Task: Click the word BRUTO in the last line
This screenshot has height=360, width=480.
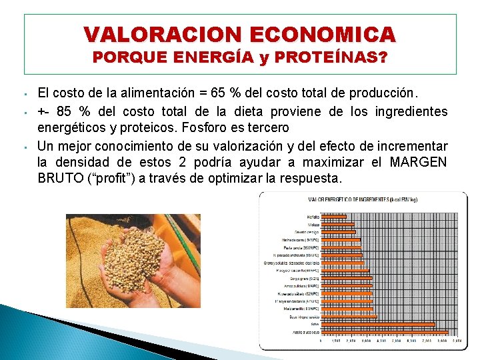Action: [x=59, y=179]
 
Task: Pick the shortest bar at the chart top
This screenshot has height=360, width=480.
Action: [x=333, y=217]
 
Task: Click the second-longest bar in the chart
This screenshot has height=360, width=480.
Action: [x=377, y=325]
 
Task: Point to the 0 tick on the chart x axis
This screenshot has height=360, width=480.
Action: [x=321, y=341]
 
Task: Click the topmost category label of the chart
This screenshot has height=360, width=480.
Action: [x=313, y=217]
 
